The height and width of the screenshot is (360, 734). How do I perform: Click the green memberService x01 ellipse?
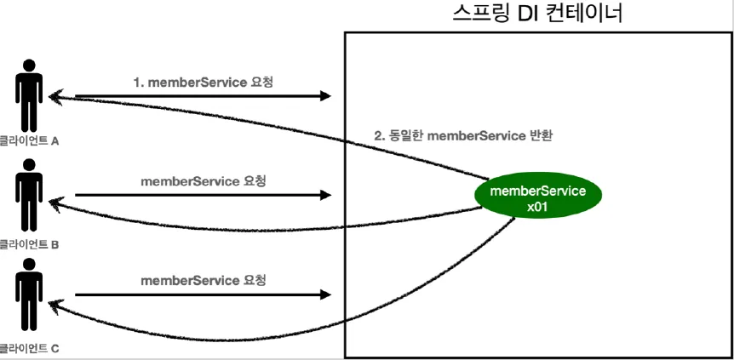[x=539, y=197]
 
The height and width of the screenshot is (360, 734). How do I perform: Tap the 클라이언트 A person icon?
[x=30, y=95]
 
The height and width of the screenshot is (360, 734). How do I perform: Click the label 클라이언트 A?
[x=29, y=141]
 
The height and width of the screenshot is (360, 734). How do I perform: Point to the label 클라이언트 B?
[x=29, y=244]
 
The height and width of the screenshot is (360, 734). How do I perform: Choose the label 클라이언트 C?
[x=29, y=348]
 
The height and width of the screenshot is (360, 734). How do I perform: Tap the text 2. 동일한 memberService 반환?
[x=464, y=135]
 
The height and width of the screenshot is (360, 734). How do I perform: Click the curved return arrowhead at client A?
[x=54, y=96]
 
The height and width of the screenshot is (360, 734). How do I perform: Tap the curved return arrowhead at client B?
[x=54, y=203]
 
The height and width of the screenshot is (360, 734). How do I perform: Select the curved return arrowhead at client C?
[x=54, y=304]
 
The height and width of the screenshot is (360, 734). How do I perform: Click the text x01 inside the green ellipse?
[x=537, y=206]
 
